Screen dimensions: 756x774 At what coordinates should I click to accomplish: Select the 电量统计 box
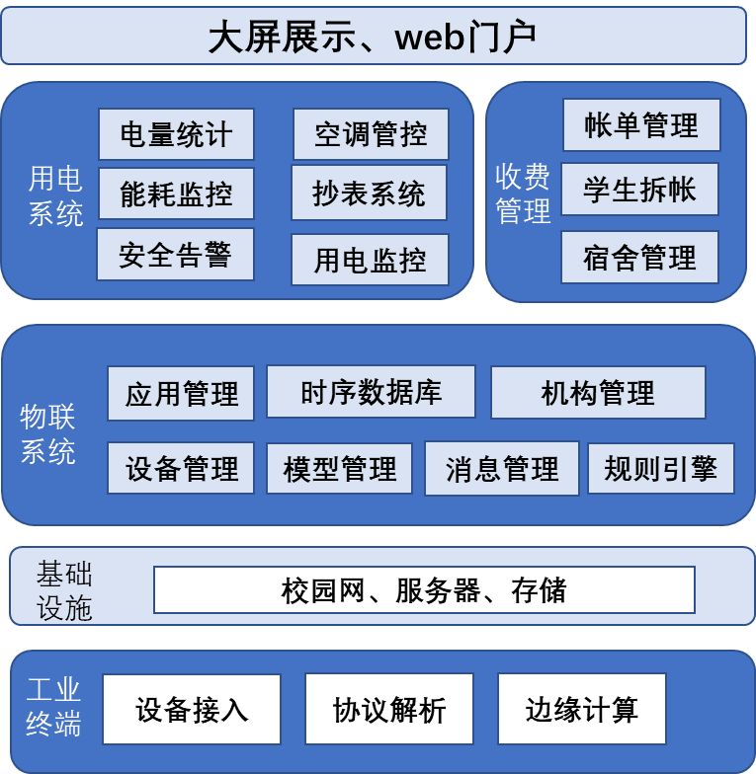click(x=176, y=134)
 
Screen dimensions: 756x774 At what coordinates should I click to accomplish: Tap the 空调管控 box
click(x=371, y=134)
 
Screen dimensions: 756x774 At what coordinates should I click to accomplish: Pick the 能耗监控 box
click(x=176, y=193)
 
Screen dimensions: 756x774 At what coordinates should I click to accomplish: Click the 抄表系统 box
click(x=369, y=193)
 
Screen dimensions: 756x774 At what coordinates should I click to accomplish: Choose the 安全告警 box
click(x=175, y=255)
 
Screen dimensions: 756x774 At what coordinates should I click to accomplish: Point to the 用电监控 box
click(x=370, y=260)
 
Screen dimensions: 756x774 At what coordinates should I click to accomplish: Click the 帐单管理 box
click(x=641, y=125)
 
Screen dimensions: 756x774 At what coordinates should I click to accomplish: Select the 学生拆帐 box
click(x=639, y=190)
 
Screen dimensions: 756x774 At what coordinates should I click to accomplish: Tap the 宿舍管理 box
click(x=639, y=258)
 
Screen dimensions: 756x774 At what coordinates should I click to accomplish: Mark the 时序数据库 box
click(x=371, y=392)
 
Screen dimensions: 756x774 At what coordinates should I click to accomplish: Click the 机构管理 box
click(x=598, y=393)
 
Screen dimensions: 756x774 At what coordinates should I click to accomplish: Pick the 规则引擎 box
click(x=660, y=468)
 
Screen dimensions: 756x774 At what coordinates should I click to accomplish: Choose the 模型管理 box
click(x=339, y=468)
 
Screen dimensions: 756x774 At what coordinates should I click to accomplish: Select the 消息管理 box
click(x=502, y=468)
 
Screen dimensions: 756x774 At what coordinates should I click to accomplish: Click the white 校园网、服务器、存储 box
click(x=424, y=590)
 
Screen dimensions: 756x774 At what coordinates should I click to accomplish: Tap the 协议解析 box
click(x=389, y=709)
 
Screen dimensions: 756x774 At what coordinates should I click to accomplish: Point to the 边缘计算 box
click(x=581, y=709)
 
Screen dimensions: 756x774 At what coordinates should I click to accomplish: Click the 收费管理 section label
click(x=523, y=193)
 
